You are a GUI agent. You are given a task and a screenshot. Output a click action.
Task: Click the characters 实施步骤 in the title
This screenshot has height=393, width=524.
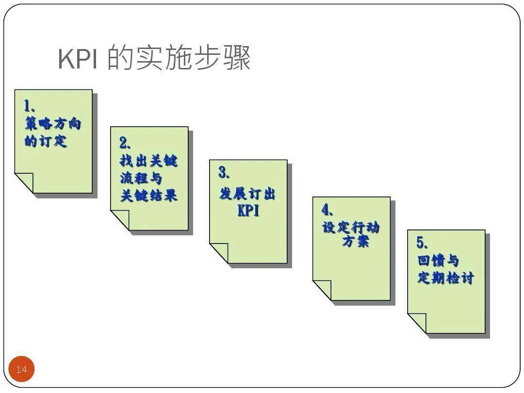click(x=193, y=59)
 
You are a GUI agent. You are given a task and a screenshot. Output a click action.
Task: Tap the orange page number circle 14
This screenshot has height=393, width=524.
click(x=22, y=369)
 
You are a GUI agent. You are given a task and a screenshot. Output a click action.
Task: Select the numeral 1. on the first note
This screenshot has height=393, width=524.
click(x=30, y=106)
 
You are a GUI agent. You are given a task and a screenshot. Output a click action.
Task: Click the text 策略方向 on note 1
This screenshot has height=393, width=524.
click(x=53, y=124)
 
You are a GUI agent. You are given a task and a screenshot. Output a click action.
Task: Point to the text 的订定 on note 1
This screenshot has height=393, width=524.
click(x=46, y=141)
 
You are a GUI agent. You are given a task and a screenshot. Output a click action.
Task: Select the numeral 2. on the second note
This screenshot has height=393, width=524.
click(x=126, y=143)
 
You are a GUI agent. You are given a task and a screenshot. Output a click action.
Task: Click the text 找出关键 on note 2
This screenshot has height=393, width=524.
click(x=148, y=161)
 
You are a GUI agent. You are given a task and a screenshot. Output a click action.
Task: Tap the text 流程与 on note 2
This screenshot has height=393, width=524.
click(x=141, y=178)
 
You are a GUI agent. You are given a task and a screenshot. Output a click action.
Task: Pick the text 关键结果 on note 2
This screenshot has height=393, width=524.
click(x=148, y=196)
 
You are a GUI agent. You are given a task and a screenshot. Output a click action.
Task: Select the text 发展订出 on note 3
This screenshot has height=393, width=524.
click(x=247, y=194)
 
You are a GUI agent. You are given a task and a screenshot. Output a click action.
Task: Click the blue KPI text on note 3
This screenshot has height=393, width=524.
click(x=248, y=211)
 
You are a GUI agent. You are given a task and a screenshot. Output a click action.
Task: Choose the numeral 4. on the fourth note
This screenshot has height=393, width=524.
click(x=327, y=210)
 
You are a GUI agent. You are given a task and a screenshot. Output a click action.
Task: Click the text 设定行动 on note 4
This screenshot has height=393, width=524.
click(x=351, y=227)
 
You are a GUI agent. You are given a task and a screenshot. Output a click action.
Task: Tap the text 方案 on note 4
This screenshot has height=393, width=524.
click(x=356, y=241)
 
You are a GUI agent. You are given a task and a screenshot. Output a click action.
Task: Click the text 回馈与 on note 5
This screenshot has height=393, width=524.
click(x=438, y=261)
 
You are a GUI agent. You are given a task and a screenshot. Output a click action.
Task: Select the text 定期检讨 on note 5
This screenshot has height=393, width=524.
click(x=445, y=278)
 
